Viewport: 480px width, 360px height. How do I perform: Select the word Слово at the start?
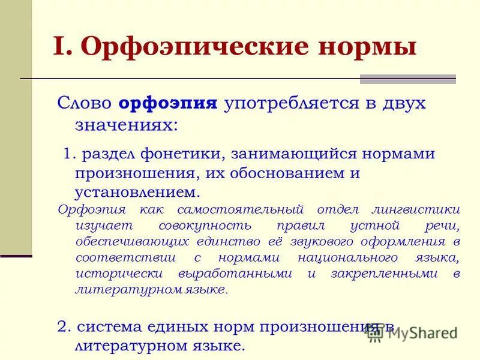tap(84, 103)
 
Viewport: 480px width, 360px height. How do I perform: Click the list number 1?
tap(70, 154)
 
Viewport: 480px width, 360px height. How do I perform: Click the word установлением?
tap(136, 193)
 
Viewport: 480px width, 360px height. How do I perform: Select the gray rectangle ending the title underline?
tap(407, 79)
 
